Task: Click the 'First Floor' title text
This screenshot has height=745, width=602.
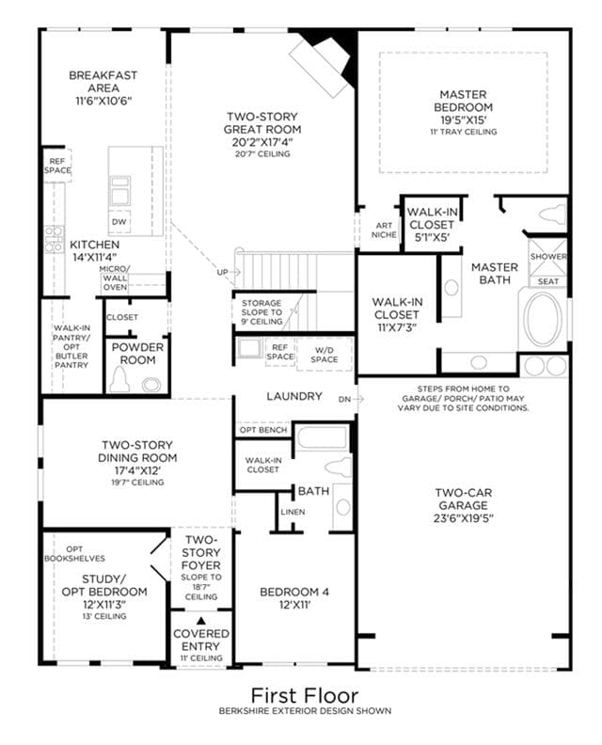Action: pos(304,695)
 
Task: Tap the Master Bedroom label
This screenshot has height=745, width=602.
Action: pos(464,101)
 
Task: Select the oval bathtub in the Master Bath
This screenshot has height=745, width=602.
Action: pos(543,319)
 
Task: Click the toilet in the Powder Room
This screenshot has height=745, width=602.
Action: pos(119,381)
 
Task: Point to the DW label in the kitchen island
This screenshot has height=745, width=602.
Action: pos(119,222)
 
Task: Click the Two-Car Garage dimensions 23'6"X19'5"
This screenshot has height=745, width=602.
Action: pos(464,518)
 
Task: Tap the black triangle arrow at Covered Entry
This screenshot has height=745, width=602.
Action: pos(201,621)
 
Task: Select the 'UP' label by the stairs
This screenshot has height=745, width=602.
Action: pos(222,272)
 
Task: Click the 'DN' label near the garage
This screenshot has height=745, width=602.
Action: pos(344,400)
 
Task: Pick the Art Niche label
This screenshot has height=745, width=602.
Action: pos(384,230)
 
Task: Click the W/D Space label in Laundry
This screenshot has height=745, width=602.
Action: pos(324,355)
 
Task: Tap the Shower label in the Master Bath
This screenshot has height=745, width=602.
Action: pos(548,256)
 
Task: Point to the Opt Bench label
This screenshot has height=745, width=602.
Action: pos(263,430)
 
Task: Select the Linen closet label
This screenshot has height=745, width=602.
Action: pos(293,512)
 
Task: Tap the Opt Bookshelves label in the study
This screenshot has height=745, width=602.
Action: pos(74,553)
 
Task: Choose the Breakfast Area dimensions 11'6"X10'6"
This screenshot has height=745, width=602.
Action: pos(103,101)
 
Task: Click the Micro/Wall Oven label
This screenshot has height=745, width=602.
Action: pos(115,277)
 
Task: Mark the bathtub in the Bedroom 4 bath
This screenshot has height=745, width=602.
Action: pos(322,437)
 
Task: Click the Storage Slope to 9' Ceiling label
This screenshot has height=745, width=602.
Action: pos(261,312)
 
